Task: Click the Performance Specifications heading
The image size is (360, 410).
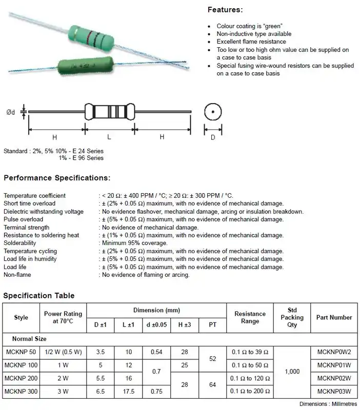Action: coord(57,178)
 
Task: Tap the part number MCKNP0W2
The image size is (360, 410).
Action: coord(334,352)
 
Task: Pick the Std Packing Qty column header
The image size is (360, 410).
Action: coord(292,317)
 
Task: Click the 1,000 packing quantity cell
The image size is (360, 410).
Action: coord(292,372)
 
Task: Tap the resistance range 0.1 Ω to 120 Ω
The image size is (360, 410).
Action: coord(250,379)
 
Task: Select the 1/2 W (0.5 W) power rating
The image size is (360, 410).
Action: coord(63,352)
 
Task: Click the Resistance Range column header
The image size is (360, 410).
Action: coord(250,317)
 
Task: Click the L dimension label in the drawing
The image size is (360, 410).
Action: coord(109,137)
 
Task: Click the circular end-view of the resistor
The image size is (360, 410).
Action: coord(212,112)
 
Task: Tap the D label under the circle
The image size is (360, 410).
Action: coord(212,137)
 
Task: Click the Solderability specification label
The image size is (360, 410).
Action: coord(20,243)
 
